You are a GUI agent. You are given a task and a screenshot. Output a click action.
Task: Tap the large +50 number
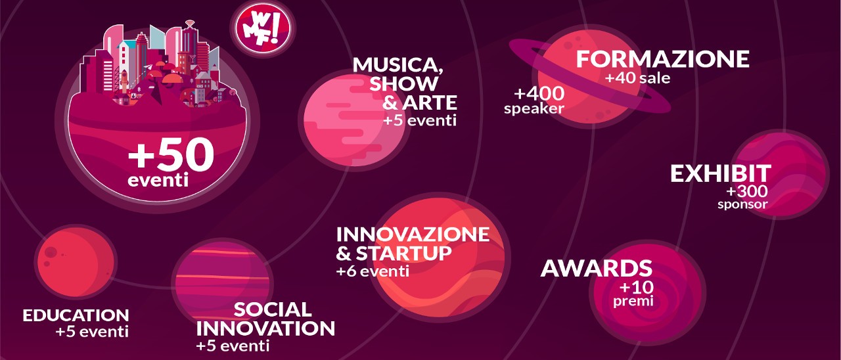[171, 156]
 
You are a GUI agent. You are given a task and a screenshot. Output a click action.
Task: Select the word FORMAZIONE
[662, 59]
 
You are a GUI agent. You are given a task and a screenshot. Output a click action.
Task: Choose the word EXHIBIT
[721, 173]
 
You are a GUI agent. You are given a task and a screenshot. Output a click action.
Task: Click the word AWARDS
[596, 268]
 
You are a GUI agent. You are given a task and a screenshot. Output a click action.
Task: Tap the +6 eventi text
[373, 271]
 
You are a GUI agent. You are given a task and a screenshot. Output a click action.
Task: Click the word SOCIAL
[272, 309]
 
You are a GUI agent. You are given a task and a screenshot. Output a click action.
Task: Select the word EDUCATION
[76, 315]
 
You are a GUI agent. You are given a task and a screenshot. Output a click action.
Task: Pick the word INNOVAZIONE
[413, 235]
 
